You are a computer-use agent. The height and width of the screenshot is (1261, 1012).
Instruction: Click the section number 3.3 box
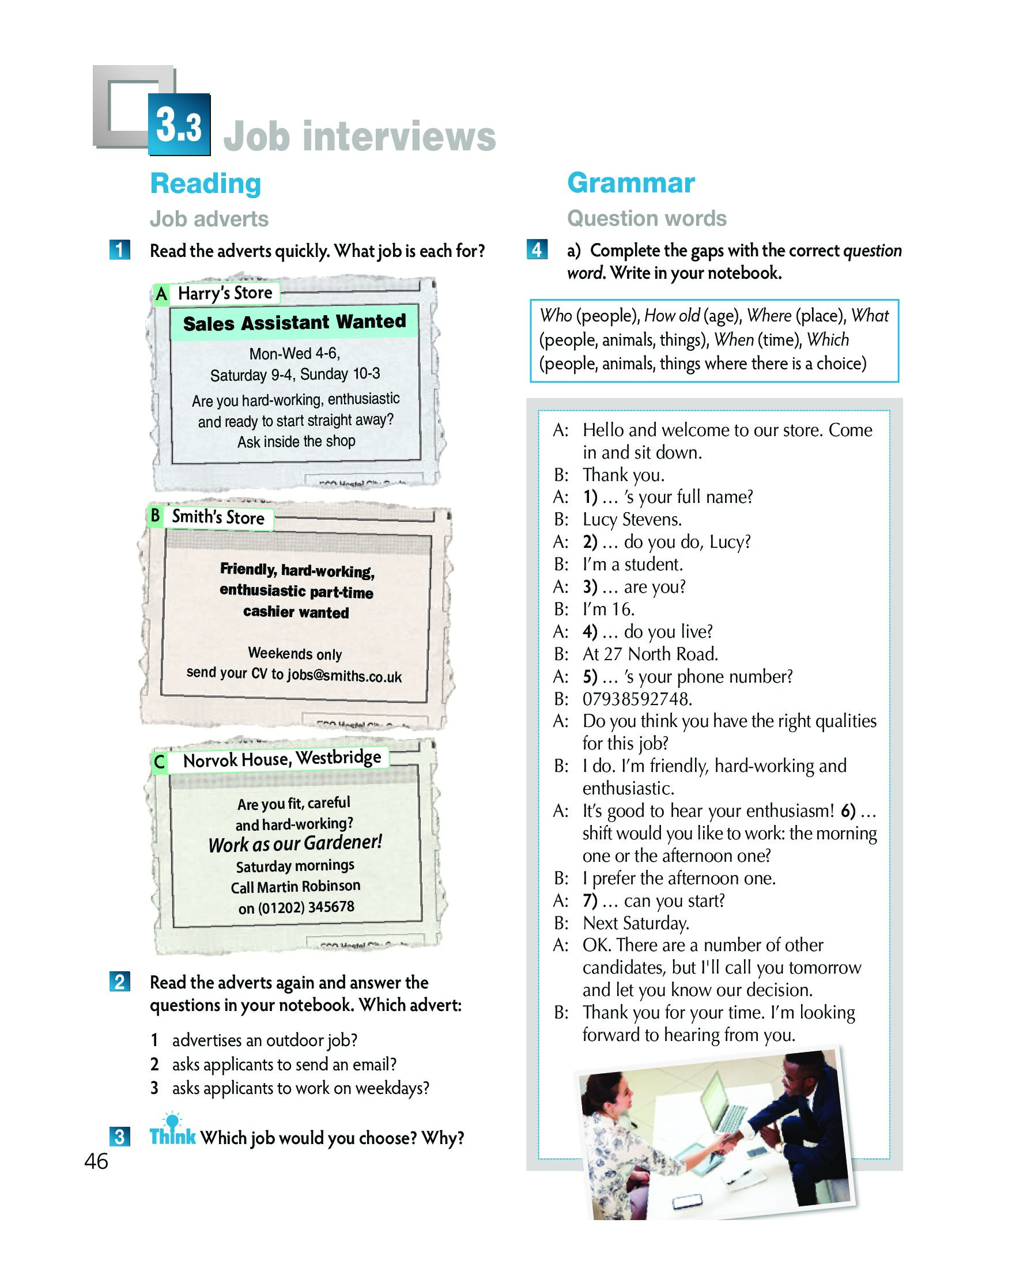179,124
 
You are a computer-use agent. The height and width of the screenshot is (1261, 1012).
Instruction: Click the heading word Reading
205,183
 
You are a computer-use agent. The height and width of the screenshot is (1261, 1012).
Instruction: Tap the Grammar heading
630,183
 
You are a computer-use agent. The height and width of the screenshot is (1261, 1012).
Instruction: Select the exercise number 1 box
119,250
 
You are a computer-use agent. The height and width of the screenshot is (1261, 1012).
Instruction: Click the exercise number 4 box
537,249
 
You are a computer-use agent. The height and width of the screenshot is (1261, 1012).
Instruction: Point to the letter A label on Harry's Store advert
161,294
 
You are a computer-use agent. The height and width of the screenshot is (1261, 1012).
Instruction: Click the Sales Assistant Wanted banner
294,322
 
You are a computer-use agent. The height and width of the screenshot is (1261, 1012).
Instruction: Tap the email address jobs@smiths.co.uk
344,676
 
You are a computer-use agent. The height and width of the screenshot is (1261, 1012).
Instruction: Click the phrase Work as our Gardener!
295,843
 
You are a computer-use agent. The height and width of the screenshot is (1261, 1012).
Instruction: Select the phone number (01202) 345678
306,907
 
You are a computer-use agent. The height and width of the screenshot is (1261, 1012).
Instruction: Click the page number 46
96,1161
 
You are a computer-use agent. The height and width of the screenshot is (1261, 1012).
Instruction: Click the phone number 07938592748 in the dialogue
637,698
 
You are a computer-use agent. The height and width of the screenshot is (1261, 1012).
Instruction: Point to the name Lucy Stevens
632,520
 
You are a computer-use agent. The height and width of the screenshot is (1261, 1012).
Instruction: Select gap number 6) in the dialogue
848,811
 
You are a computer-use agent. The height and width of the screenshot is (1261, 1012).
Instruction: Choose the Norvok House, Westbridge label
281,759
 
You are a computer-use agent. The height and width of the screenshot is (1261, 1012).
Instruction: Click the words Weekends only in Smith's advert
295,653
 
